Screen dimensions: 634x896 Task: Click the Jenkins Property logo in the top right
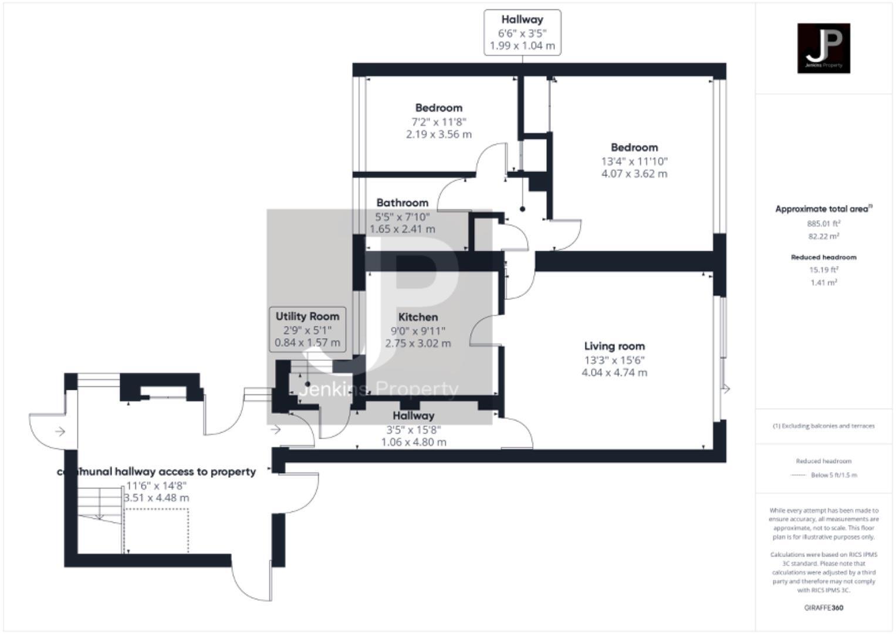(x=823, y=48)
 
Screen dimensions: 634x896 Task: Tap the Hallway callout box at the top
(x=522, y=33)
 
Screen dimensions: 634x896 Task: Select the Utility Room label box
(x=307, y=329)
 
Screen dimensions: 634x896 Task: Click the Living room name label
(x=614, y=346)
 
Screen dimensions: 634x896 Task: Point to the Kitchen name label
(x=418, y=317)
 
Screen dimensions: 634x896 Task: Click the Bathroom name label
(x=402, y=203)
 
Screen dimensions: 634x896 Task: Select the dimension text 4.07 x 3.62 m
(x=634, y=174)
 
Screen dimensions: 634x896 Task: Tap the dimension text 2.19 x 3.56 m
(x=438, y=134)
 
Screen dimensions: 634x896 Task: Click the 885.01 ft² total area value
(x=823, y=224)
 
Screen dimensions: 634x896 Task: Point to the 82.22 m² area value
(x=823, y=237)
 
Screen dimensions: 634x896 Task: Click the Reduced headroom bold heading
(x=823, y=257)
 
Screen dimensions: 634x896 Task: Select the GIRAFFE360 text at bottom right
(x=823, y=608)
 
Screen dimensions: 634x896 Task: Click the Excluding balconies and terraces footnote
(x=823, y=426)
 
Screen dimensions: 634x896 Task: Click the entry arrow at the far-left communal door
(x=60, y=432)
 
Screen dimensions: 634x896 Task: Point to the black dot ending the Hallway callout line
(x=522, y=209)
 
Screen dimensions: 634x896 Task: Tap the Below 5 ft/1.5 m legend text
(x=833, y=475)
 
